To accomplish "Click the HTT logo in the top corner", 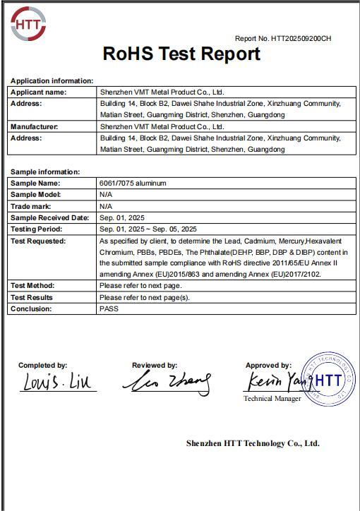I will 30,25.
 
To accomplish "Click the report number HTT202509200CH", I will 282,39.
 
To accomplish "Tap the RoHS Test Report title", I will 181,54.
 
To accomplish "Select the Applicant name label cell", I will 39,92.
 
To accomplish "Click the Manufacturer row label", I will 35,126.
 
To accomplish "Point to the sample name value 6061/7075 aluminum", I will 133,184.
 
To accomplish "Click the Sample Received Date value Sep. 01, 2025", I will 123,217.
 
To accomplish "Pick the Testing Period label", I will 36,229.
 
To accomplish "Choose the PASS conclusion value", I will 109,308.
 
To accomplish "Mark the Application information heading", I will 52,80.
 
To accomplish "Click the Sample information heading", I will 45,172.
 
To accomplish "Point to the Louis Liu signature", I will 56,383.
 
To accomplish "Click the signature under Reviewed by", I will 167,384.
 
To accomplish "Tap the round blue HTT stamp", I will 326,379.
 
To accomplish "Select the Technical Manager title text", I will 272,399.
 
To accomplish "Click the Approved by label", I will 268,366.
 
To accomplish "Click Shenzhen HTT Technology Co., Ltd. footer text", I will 253,443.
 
